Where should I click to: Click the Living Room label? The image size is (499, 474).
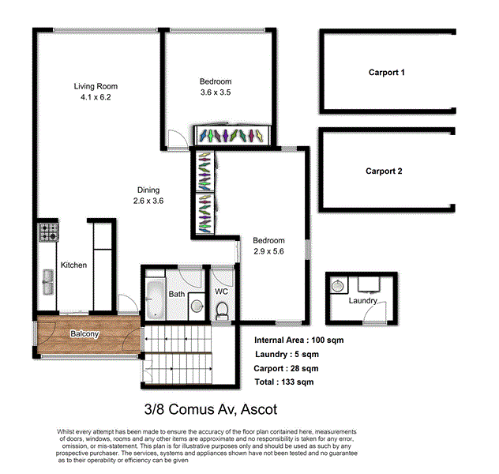point(96,86)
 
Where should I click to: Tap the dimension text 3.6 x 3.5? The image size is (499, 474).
point(215,92)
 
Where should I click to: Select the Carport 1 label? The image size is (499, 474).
point(387,73)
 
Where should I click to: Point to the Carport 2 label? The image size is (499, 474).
point(384,171)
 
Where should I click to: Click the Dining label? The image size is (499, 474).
point(148,190)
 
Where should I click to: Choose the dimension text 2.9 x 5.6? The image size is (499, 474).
point(268,251)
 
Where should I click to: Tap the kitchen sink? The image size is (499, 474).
point(47,280)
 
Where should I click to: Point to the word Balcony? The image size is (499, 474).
point(84,334)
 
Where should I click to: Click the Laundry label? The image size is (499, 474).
point(363,301)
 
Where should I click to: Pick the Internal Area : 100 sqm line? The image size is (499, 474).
point(298,340)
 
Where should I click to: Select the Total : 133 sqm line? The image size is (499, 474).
point(284,382)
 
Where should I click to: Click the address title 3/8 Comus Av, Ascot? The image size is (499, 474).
point(210,410)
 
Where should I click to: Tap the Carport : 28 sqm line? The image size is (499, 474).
point(286,368)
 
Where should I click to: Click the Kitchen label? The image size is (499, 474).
point(73,265)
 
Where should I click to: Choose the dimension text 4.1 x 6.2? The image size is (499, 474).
point(96,98)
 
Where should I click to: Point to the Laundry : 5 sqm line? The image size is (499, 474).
point(287,354)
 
